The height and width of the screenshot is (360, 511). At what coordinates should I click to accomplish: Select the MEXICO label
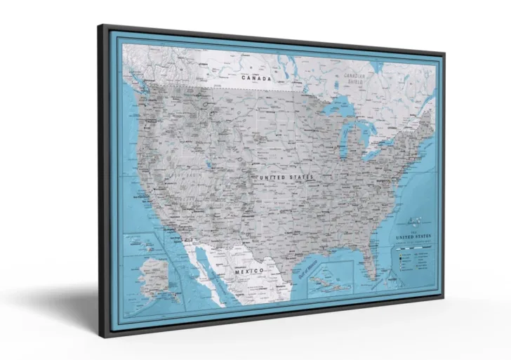coord(248,271)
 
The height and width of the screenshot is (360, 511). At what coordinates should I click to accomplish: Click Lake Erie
coord(373,152)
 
